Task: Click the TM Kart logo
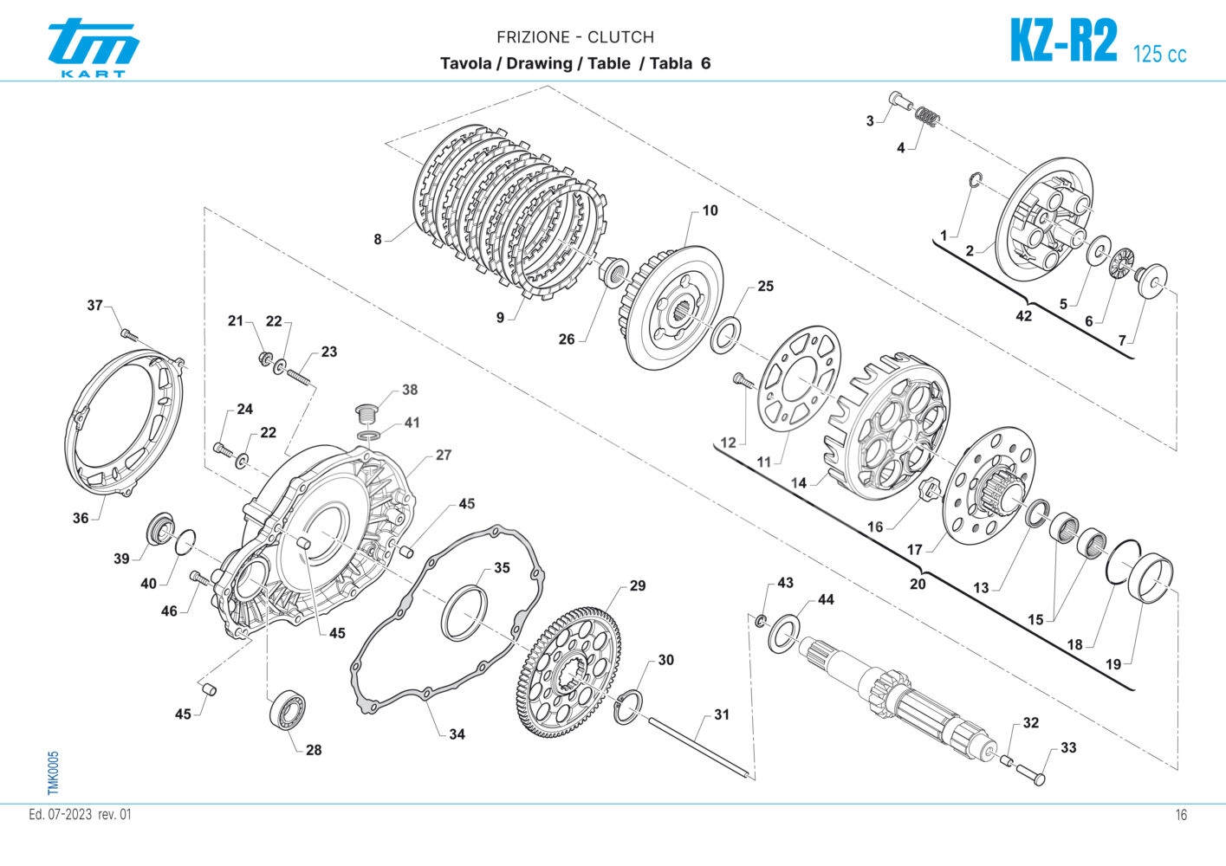[x=93, y=48]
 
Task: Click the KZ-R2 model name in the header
[x=1063, y=41]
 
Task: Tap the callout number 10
[x=710, y=210]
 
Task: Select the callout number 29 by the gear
[x=638, y=586]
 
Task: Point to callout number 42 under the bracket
[x=1023, y=316]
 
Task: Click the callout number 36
[x=81, y=518]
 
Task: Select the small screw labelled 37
[x=127, y=333]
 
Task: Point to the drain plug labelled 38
[x=367, y=410]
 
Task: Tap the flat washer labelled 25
[x=725, y=335]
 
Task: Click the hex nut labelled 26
[x=614, y=272]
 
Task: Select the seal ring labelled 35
[x=464, y=612]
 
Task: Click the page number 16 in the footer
[x=1181, y=815]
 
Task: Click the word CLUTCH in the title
[x=620, y=37]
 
